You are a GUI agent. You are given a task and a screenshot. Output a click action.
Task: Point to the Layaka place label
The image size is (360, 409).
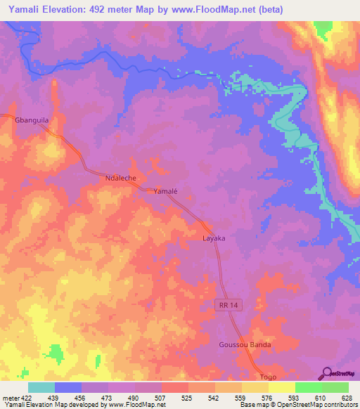click(214, 238)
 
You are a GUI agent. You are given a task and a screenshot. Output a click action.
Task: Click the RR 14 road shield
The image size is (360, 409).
click(226, 304)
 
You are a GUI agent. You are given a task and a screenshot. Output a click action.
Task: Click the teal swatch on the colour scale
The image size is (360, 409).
click(41, 387)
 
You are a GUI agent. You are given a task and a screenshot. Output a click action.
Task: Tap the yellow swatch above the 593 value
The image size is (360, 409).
click(282, 387)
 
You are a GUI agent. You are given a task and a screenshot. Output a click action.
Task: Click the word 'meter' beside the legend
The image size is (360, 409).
click(11, 397)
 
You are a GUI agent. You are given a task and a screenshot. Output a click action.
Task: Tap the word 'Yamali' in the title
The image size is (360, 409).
click(21, 9)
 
